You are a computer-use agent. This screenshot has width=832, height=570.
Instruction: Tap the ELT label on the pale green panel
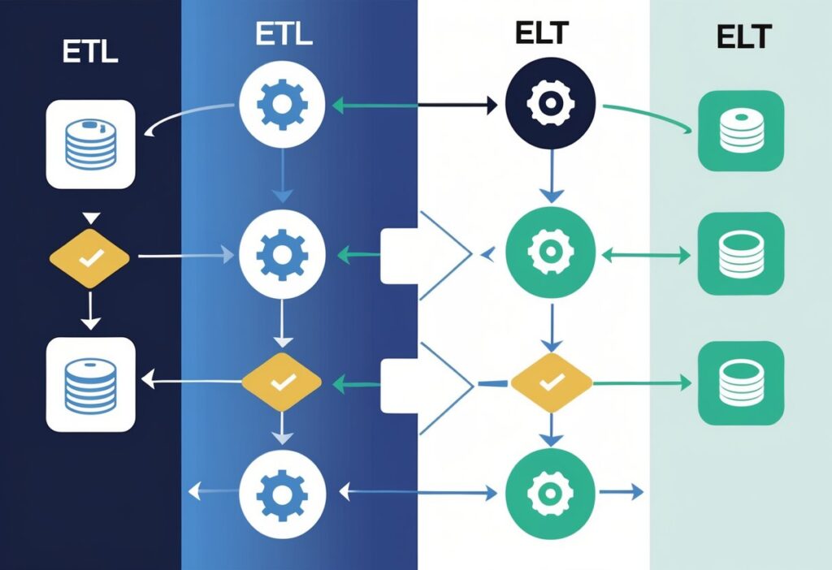tap(744, 38)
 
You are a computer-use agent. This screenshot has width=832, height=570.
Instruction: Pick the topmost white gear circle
tap(282, 103)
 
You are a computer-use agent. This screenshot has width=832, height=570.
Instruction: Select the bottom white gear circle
tap(282, 492)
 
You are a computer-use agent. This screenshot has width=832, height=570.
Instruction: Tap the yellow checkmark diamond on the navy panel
tap(89, 257)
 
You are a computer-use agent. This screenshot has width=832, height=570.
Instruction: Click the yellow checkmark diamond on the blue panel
tap(282, 380)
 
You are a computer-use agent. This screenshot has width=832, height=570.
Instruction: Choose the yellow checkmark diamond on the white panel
tap(550, 380)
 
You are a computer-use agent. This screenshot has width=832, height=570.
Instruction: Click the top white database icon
tap(90, 144)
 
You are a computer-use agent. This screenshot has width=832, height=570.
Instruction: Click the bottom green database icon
tap(741, 381)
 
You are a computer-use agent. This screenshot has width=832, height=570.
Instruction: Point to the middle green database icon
tap(741, 255)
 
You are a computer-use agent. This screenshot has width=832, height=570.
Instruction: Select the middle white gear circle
tap(282, 253)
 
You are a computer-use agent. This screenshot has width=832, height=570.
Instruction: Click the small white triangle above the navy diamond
tap(90, 218)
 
